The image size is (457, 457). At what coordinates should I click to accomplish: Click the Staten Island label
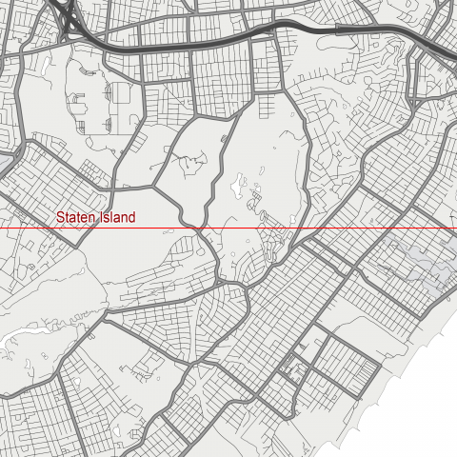[x=95, y=217]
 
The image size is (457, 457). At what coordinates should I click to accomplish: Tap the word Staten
[x=74, y=217]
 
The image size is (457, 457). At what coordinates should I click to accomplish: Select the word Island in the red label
[x=116, y=217]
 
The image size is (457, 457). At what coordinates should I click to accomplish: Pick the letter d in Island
[x=131, y=217]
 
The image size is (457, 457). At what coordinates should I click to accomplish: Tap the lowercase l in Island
[x=111, y=217]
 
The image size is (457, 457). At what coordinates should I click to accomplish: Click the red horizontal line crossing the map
[x=286, y=229]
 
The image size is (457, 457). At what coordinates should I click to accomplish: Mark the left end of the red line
[x=1, y=229]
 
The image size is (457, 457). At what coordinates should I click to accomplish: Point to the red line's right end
[x=455, y=229]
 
